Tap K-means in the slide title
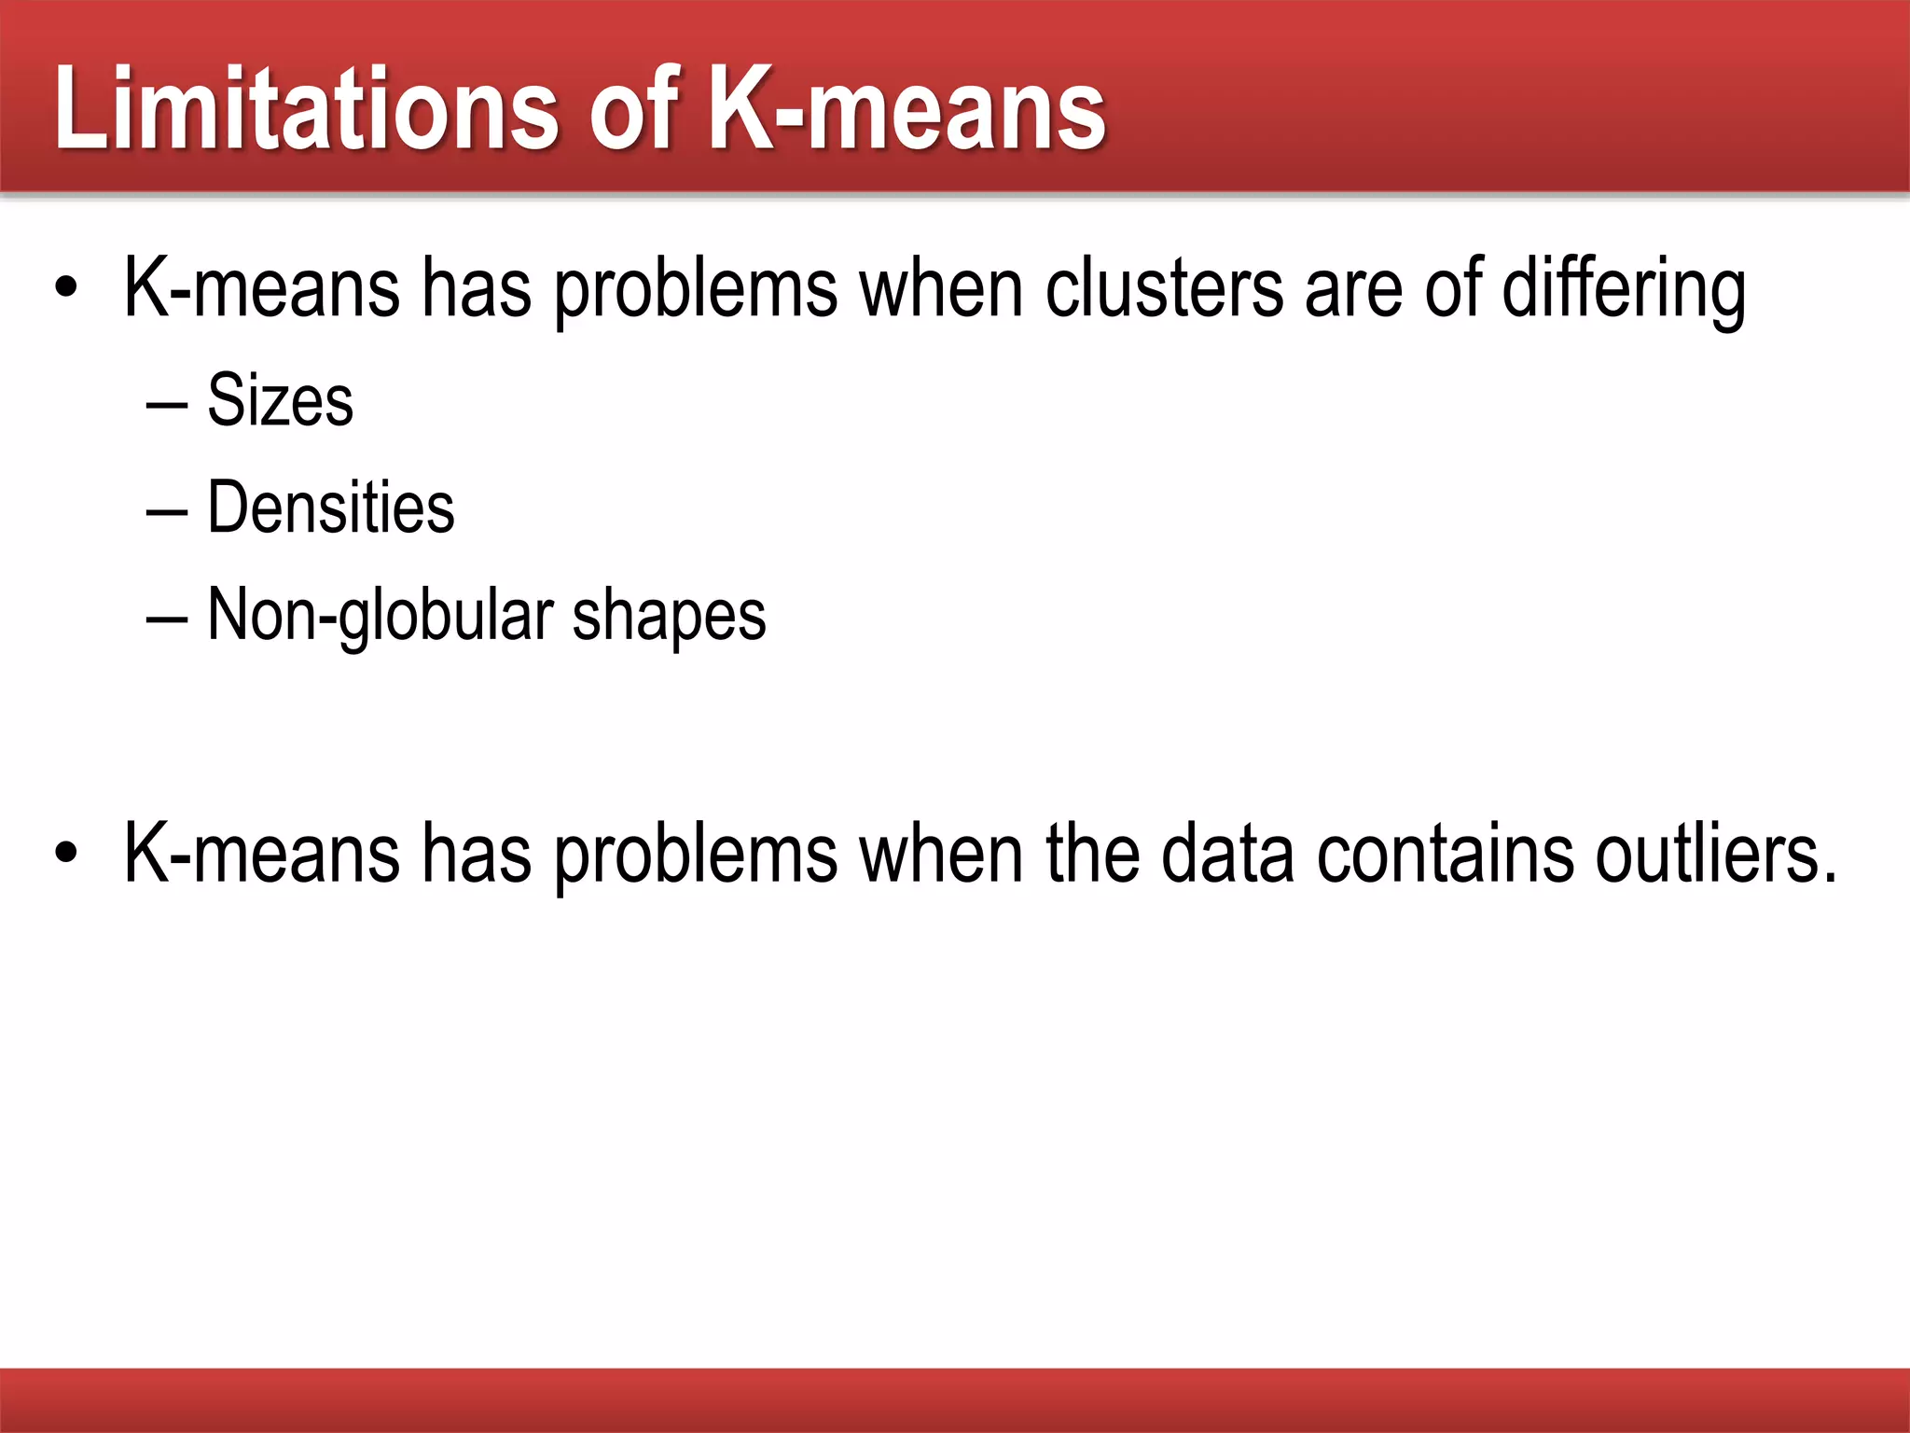point(907,108)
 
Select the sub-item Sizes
point(280,400)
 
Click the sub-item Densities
point(330,508)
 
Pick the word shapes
point(669,617)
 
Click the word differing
point(1624,288)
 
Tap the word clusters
point(1164,288)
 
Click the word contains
point(1446,853)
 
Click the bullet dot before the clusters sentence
point(65,289)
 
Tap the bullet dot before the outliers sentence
point(65,853)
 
